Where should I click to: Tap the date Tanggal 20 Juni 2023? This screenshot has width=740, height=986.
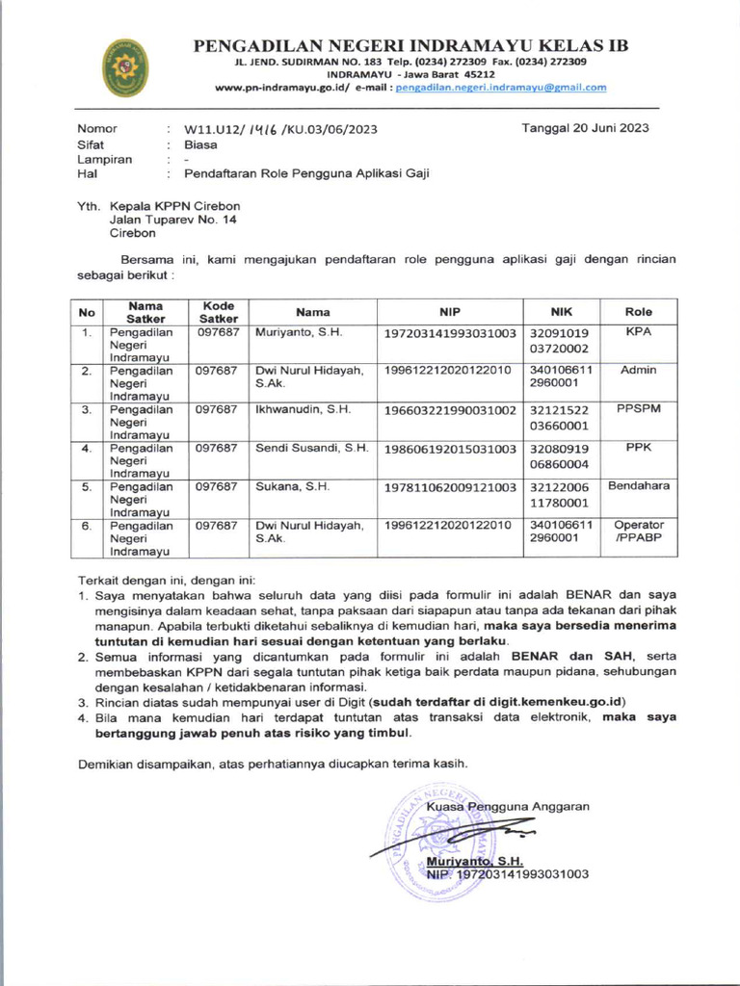coord(585,128)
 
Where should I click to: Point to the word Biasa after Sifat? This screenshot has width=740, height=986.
coord(200,144)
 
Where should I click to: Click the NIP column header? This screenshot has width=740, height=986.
coord(450,312)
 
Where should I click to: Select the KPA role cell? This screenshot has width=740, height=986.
coord(639,332)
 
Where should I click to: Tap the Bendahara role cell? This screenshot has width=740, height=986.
coord(639,486)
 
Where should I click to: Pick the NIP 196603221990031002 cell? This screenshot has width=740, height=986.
coord(450,409)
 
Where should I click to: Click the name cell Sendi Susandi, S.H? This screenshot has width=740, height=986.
coord(311,448)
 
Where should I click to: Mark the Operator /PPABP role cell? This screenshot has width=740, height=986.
coord(639,532)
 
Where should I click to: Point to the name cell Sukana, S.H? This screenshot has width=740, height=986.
coord(293,486)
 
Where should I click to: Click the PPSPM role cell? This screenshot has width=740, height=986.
coord(639,409)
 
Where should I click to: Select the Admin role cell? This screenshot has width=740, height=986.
coord(639,371)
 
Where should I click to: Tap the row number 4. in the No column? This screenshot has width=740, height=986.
coord(87,448)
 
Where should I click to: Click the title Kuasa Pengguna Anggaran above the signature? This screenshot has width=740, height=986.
coord(507,807)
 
